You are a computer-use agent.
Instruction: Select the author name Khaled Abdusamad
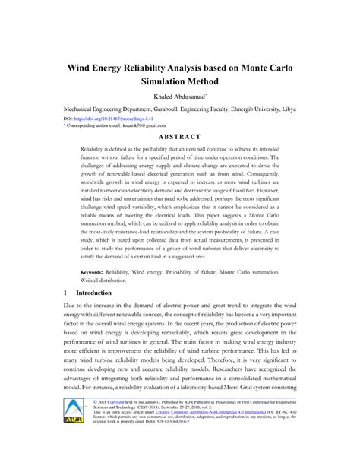coord(178,97)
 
